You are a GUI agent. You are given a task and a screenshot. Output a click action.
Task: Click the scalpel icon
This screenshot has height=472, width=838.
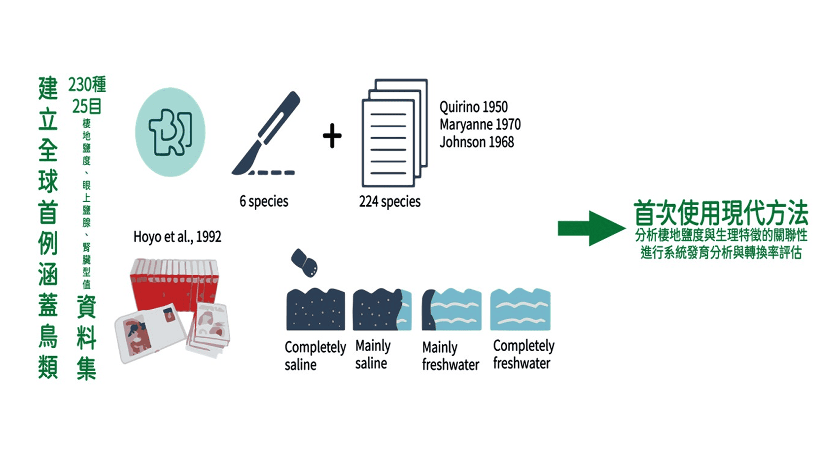coord(267,133)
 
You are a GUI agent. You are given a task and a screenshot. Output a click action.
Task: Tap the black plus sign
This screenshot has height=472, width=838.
coord(332,136)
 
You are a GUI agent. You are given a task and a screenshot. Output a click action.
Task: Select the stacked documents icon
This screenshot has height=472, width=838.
coord(394,133)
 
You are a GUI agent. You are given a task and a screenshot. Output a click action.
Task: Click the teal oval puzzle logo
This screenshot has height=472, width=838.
coord(171,132)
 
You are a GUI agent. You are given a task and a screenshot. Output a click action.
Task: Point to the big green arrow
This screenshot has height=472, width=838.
coord(591,228)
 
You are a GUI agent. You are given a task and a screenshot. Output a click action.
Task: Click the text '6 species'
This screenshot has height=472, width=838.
coord(264,201)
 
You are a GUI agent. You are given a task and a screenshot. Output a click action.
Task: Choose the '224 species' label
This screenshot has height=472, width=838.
coord(389,201)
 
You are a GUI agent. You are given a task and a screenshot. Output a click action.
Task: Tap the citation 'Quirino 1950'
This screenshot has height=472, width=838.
coord(473,107)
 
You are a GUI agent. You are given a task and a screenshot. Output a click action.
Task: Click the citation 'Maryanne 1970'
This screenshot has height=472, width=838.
coord(480,124)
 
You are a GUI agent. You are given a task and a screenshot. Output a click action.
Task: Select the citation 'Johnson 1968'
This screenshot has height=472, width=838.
coord(476,142)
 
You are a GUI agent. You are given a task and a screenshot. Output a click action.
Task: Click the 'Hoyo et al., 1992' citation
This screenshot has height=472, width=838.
coord(177,237)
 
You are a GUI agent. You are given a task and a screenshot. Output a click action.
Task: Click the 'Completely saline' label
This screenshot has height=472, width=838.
coord(315,356)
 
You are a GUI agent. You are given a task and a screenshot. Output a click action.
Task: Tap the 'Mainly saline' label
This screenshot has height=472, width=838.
coord(373,355)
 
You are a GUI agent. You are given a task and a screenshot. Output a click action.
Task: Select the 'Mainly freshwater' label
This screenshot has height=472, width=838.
coord(450,356)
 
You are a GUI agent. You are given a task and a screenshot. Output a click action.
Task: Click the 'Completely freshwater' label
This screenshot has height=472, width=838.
coord(524,355)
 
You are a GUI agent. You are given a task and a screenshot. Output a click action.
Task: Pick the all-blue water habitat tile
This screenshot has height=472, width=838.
coord(520,309)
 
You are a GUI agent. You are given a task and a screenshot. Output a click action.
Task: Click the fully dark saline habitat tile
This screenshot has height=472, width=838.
coord(315,309)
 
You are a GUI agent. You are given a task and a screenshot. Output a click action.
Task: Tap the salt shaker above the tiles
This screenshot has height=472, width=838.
coord(304,262)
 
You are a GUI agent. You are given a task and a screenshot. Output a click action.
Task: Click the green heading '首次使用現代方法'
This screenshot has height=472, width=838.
coord(721,214)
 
